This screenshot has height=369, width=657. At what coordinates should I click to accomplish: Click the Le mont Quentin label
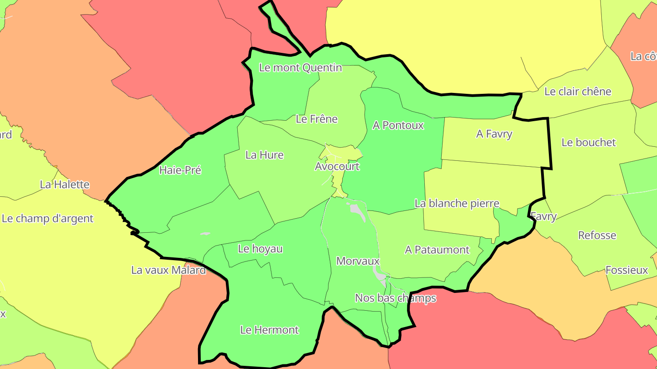point(300,68)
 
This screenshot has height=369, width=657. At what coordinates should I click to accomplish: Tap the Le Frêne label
point(317,119)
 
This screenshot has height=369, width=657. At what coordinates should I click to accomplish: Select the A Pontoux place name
point(398,125)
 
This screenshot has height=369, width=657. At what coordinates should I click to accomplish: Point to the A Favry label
point(494,134)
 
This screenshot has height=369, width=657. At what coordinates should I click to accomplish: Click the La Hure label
point(265,155)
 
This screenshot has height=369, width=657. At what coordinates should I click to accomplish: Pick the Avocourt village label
point(337,166)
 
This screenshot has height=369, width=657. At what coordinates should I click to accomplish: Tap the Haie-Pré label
point(180,170)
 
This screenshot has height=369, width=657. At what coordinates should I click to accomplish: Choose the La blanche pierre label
point(457,203)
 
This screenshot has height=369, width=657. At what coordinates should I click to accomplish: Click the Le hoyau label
point(260,249)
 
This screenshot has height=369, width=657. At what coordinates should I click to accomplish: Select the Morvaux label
point(358,261)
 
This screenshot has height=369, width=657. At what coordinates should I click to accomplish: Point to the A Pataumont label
point(437,250)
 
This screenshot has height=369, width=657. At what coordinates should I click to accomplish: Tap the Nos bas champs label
point(396,298)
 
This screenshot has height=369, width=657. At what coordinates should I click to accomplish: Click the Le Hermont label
point(269,330)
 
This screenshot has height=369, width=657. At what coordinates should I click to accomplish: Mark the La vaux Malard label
point(168,270)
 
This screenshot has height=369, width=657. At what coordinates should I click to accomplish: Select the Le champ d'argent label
point(47,218)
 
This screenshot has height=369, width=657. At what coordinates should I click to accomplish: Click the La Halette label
point(65,184)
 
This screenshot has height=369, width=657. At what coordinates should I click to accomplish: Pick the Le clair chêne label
point(578,92)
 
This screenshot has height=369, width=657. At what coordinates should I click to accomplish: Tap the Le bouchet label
point(589,143)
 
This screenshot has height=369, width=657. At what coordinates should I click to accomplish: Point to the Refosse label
point(597,236)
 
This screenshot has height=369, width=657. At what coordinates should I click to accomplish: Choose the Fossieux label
point(626,270)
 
